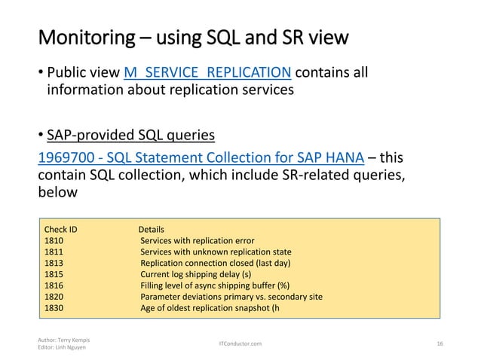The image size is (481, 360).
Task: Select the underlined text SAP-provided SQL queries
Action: tap(130, 136)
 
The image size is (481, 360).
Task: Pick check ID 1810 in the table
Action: tap(54, 240)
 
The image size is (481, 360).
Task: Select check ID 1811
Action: tap(54, 252)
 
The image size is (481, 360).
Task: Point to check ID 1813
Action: tap(54, 263)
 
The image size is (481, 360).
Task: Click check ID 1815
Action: tap(54, 274)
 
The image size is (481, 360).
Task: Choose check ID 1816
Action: tap(54, 285)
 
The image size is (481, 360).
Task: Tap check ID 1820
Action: tap(54, 297)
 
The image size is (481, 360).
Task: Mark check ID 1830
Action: tap(54, 308)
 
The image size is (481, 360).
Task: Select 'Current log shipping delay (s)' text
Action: tap(197, 274)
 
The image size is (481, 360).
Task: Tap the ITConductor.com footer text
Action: tap(240, 343)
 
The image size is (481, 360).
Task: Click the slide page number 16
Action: tap(440, 343)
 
